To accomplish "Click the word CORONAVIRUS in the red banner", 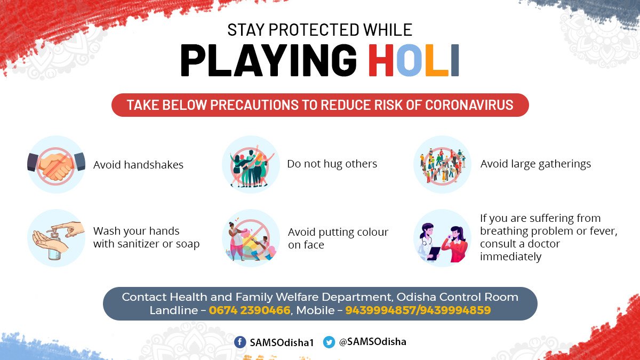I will tap(469, 105).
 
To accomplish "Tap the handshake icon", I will tap(56, 164).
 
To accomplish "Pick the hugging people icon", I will tap(250, 164).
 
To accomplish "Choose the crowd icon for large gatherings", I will tap(442, 164).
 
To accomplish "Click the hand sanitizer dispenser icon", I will tap(56, 238).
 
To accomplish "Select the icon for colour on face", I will tap(250, 238).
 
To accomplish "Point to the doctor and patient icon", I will tap(442, 238).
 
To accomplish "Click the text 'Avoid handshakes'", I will tap(138, 165).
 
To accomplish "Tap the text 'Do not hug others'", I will tap(332, 164).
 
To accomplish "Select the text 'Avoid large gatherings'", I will tap(535, 164).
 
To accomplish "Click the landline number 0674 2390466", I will tap(250, 310).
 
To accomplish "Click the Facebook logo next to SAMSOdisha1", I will tap(240, 342).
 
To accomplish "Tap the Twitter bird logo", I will tap(329, 342).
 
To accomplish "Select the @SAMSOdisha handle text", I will tap(372, 342).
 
